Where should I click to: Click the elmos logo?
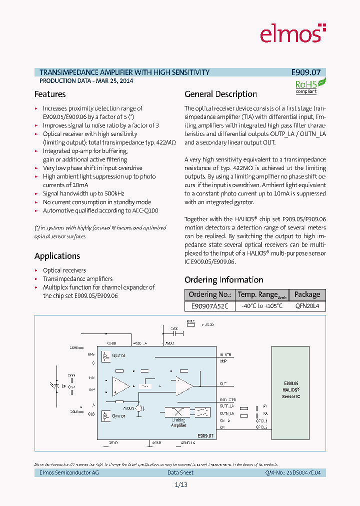click(292, 34)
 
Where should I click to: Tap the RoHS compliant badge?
click(308, 86)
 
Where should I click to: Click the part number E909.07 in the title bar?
click(309, 72)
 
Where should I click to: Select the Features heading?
click(50, 94)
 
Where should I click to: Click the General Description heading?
click(220, 94)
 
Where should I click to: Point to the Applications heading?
click(57, 256)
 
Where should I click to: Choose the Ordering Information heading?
click(223, 280)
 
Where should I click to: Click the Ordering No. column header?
click(209, 294)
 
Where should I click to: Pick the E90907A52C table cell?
click(209, 306)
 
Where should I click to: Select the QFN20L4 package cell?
click(307, 306)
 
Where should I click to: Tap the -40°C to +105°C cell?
click(262, 306)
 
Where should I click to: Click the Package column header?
click(307, 294)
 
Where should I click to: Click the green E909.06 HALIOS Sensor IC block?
click(290, 390)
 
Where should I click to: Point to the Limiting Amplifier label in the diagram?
click(178, 423)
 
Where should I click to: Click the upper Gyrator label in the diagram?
click(119, 355)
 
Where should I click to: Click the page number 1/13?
click(180, 485)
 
